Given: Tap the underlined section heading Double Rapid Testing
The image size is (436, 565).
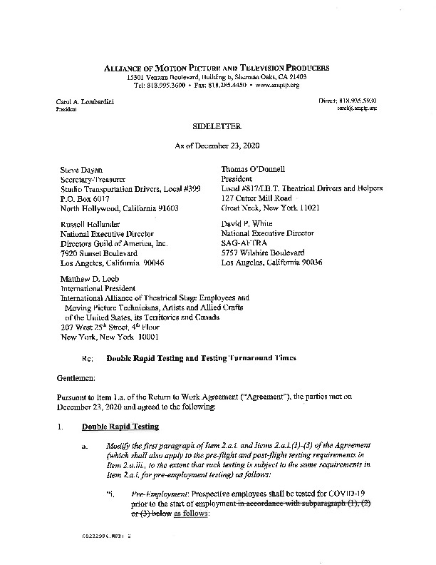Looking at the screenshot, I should [116, 427].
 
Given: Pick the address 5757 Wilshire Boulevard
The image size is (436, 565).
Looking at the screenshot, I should [264, 253].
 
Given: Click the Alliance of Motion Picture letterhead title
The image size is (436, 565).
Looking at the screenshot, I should [218, 67].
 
